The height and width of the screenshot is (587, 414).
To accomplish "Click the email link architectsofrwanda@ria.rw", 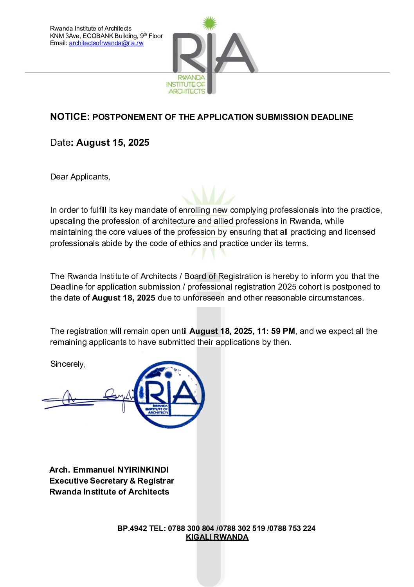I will point(106,43).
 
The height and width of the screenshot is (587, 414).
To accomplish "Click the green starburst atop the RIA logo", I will point(210,23).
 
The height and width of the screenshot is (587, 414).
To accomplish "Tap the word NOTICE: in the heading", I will point(70,117).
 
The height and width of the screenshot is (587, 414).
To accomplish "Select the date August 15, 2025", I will point(113,143).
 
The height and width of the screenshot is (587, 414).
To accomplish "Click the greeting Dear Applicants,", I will point(80,177).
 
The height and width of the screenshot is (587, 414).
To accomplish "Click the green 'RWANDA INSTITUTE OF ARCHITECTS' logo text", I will point(186,85).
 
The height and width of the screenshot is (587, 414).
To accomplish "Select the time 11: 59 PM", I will point(276,331).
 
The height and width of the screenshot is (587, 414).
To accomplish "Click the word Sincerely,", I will point(68,364).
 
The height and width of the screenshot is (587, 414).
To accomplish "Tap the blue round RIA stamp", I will point(169,394).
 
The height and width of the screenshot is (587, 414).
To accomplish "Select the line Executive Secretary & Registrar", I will point(112,481).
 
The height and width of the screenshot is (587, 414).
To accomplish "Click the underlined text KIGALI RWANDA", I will point(217,537).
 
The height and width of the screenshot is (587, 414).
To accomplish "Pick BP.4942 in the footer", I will point(132,528).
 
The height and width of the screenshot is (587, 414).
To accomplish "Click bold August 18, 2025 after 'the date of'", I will point(124,298).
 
